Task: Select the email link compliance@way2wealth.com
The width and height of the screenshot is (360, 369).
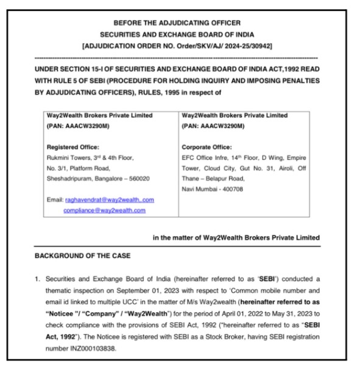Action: (104, 210)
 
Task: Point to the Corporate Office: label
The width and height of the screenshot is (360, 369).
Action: (206, 147)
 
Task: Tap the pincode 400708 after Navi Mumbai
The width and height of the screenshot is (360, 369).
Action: (231, 189)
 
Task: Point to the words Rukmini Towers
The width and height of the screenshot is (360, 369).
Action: (68, 157)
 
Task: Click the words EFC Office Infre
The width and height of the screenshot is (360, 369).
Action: (205, 157)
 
